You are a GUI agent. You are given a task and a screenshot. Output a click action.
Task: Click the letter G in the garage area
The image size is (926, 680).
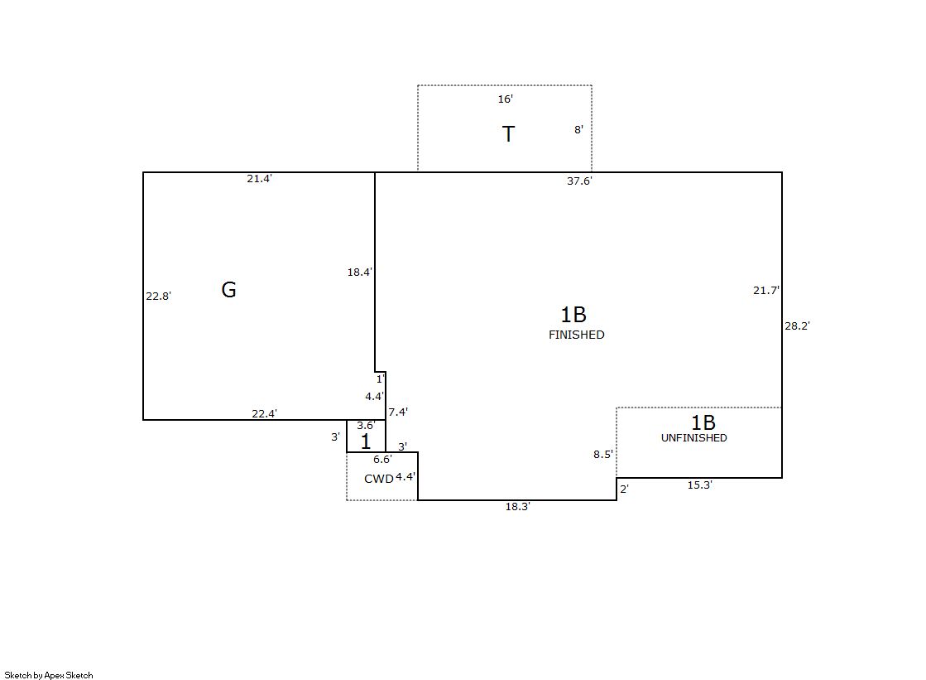point(228,289)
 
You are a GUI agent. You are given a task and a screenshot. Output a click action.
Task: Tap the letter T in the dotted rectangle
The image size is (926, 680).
point(508,133)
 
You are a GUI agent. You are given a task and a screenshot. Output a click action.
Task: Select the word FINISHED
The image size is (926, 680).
point(577,335)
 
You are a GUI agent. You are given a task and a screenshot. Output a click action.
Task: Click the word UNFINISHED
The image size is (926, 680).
point(694,437)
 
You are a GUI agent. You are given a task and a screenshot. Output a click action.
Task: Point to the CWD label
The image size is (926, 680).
point(378,479)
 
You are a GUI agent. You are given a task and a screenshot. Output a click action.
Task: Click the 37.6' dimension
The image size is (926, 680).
point(579,181)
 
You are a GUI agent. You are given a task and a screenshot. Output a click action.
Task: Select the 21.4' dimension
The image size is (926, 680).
point(259,179)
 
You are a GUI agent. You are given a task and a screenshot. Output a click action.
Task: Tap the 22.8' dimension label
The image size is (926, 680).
point(158,297)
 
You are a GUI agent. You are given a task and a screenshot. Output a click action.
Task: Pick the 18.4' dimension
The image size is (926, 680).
point(360,272)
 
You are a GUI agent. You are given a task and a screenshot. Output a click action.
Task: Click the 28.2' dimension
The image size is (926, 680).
point(797,326)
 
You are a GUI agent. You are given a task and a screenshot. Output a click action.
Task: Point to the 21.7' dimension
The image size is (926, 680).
point(766,291)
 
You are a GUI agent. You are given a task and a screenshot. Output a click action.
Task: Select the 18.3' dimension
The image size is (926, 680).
point(517,507)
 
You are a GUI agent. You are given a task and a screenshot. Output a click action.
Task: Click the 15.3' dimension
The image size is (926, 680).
point(700,485)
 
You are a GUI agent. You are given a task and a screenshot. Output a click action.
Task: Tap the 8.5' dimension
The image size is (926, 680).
point(603,455)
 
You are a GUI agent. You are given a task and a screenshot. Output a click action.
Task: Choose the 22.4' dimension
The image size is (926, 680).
point(265,414)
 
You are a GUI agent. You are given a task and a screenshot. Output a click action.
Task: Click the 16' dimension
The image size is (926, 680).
point(505,99)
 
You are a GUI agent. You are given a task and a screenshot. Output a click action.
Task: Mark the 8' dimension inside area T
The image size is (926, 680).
point(578,129)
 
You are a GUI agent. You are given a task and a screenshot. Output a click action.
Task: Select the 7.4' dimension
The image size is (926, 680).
point(398,412)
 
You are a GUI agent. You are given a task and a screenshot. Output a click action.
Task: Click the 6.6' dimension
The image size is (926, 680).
point(382,460)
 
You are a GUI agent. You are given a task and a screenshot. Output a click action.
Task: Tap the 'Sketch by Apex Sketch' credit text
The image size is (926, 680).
point(49,675)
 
